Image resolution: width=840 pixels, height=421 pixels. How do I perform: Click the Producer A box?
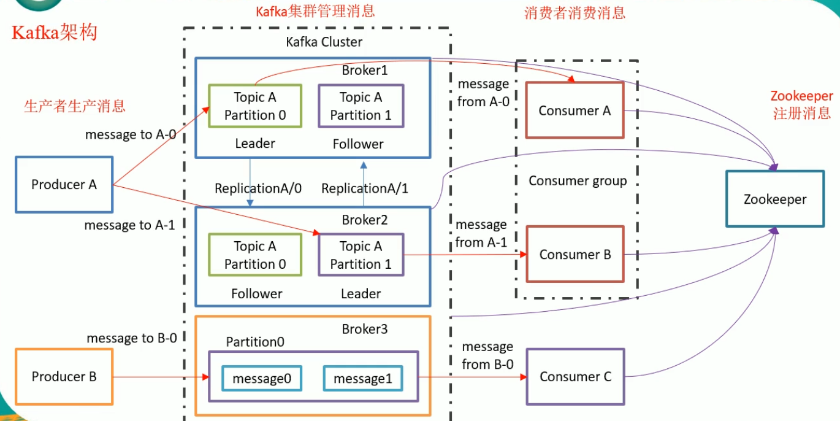point(64,184)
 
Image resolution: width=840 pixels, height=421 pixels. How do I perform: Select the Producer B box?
point(64,377)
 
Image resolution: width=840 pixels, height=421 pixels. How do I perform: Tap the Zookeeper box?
point(775,199)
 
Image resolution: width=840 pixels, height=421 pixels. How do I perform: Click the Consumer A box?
point(575,110)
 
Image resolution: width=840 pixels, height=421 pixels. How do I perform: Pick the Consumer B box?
point(575,254)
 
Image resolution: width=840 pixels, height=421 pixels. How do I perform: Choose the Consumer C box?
point(575,377)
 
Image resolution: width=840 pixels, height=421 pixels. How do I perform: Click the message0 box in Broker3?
point(261,379)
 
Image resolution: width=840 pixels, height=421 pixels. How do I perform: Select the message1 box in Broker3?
point(362,379)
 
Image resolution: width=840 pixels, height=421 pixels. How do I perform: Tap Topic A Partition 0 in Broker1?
point(255,106)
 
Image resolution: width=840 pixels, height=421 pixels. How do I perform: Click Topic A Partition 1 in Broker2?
point(361,255)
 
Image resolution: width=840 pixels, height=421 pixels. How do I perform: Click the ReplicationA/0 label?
point(258,188)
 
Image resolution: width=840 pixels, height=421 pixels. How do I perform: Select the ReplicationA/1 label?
point(365,188)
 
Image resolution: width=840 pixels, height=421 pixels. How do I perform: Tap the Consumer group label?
point(578,180)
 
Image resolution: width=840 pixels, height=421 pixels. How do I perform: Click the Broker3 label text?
point(365,329)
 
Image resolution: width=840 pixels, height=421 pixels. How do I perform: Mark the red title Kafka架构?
point(55,33)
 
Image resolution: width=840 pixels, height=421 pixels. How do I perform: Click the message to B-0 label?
point(132,338)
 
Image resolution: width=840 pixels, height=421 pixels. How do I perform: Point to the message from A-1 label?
point(481,234)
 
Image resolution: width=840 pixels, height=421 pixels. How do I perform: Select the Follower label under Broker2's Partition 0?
point(257,293)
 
